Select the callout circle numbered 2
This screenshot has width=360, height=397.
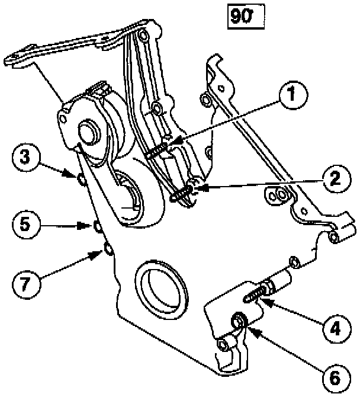tap(335, 178)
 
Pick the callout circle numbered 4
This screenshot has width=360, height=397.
tap(335, 327)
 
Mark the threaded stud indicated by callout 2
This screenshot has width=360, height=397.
tap(182, 194)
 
